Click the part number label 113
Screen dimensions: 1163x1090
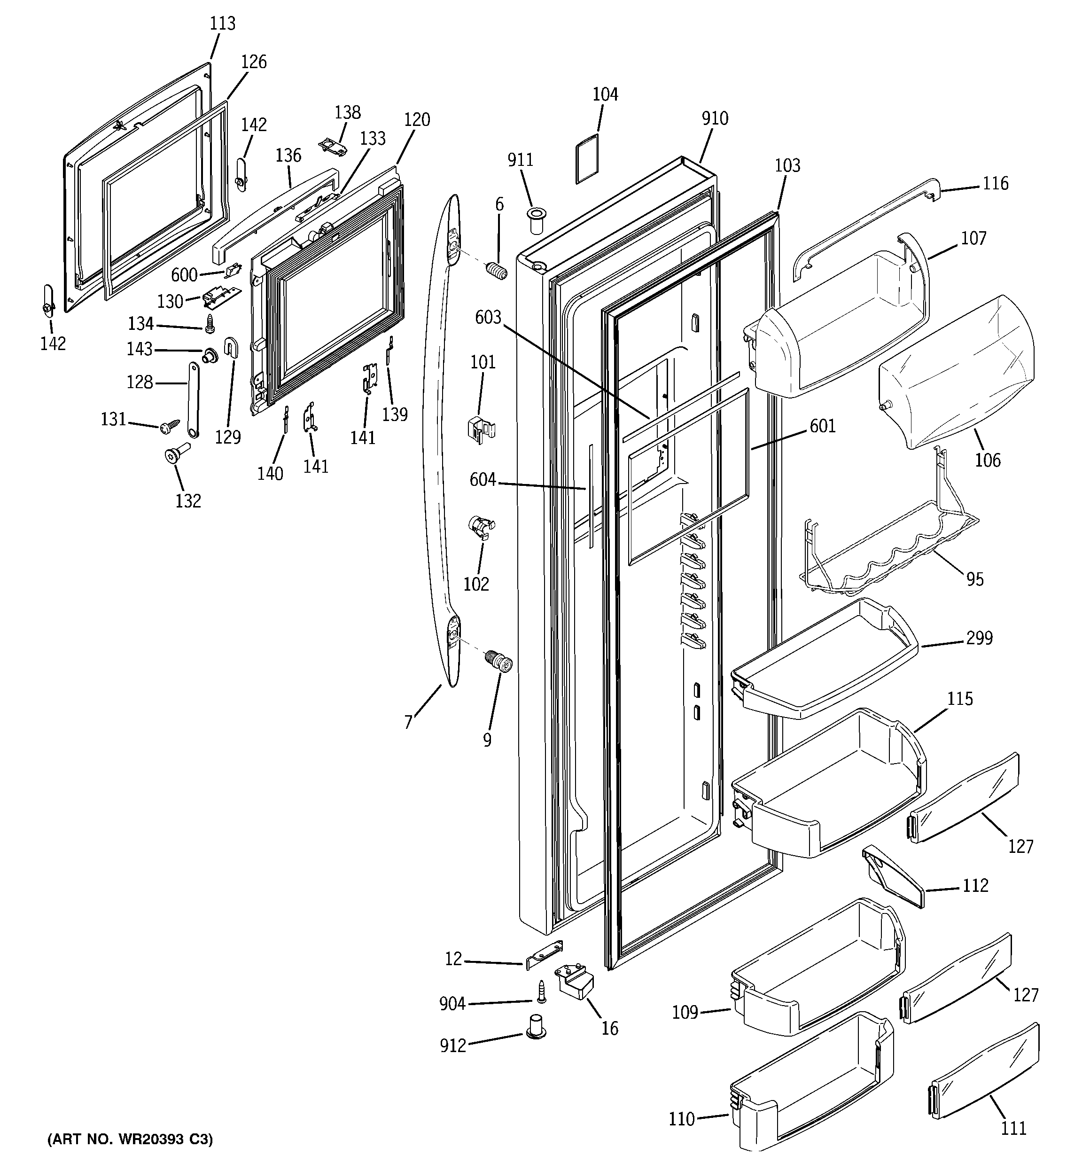(x=222, y=24)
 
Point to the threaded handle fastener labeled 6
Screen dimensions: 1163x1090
(x=496, y=272)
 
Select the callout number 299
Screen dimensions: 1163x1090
(x=979, y=638)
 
